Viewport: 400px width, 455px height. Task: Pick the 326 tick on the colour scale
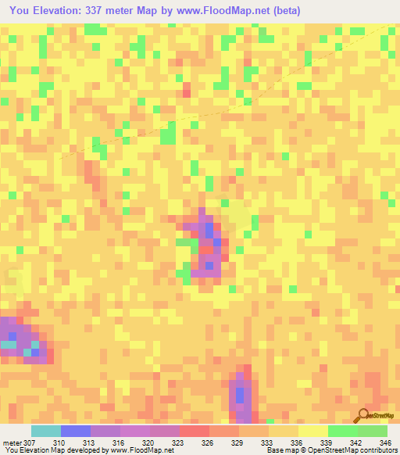tap(207, 442)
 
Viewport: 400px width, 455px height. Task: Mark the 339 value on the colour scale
tap(324, 442)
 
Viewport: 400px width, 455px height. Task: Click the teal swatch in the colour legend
tap(46, 431)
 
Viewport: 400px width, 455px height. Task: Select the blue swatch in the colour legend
tap(76, 431)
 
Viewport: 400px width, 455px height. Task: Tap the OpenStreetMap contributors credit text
tap(355, 450)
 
